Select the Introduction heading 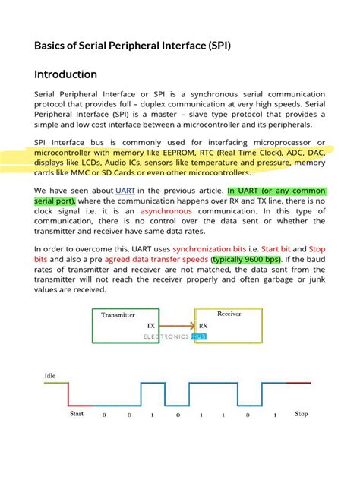66,74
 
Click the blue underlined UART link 126,190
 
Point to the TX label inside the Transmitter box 150,324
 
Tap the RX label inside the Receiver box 204,324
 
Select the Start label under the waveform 77,413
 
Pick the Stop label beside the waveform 302,413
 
